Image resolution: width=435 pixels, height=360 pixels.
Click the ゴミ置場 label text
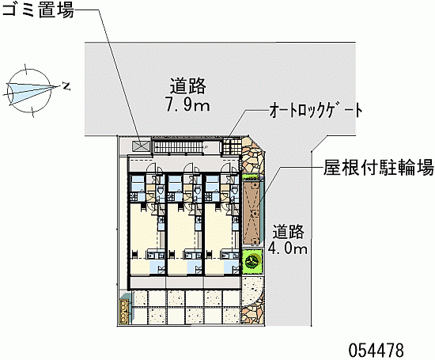click(38, 10)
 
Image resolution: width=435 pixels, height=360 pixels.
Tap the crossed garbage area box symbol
click(142, 146)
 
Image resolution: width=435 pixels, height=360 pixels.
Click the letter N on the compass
click(66, 86)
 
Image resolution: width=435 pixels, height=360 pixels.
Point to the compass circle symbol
click(28, 91)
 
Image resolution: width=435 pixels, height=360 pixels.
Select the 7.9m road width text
click(187, 105)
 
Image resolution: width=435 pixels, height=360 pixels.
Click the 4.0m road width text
click(288, 248)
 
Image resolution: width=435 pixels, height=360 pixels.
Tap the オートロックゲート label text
click(316, 110)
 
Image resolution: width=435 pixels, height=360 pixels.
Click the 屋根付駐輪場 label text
click(378, 168)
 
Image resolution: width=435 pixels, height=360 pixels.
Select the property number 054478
click(376, 350)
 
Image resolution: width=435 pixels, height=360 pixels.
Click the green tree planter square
click(252, 261)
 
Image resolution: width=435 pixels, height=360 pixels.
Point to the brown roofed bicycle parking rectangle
click(252, 213)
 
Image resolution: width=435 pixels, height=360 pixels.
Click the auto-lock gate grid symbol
click(231, 146)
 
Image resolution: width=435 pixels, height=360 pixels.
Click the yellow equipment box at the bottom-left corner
click(123, 312)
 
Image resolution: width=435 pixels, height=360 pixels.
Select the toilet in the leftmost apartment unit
click(161, 190)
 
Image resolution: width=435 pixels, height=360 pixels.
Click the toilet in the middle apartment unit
click(198, 190)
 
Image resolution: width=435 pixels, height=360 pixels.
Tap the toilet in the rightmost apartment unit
click(235, 190)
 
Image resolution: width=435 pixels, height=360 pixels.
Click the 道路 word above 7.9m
click(187, 85)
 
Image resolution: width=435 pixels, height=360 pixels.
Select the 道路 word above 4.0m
click(288, 231)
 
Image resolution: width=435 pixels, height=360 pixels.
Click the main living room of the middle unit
click(182, 229)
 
